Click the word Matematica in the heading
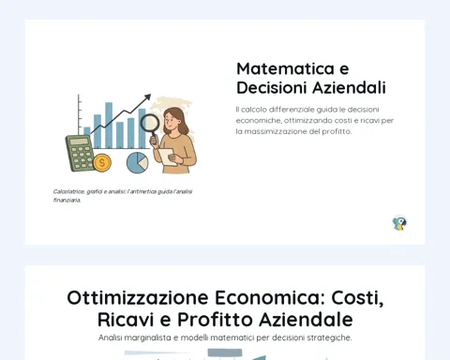tap(285, 68)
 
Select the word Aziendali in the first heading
tap(350, 87)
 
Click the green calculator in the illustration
tap(80, 153)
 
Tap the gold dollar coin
tap(102, 162)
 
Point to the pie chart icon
tap(138, 162)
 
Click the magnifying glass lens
tap(150, 123)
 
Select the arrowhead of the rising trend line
tap(147, 97)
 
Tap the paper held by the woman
tap(167, 157)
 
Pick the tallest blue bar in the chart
tap(109, 125)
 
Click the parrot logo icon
tap(399, 223)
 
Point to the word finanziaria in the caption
tap(67, 200)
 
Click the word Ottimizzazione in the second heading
tap(138, 297)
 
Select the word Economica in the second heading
tap(270, 297)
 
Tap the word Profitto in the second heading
tap(215, 320)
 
